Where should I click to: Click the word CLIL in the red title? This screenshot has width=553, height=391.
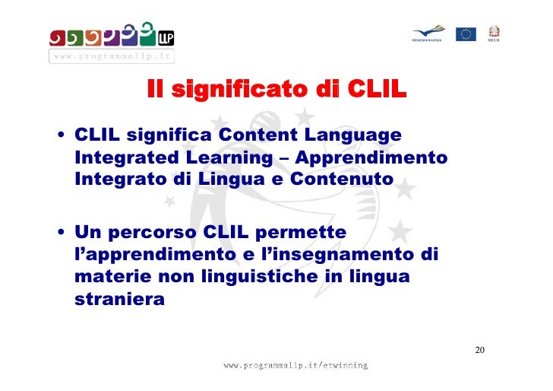click(376, 91)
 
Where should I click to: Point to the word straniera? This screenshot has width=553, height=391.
click(119, 299)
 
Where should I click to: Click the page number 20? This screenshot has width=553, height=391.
click(479, 351)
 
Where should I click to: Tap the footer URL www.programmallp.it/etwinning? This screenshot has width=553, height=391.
click(295, 366)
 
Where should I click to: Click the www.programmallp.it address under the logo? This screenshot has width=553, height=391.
click(112, 56)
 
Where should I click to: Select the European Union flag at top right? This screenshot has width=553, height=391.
click(466, 33)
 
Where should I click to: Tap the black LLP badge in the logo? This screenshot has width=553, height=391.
click(165, 36)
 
